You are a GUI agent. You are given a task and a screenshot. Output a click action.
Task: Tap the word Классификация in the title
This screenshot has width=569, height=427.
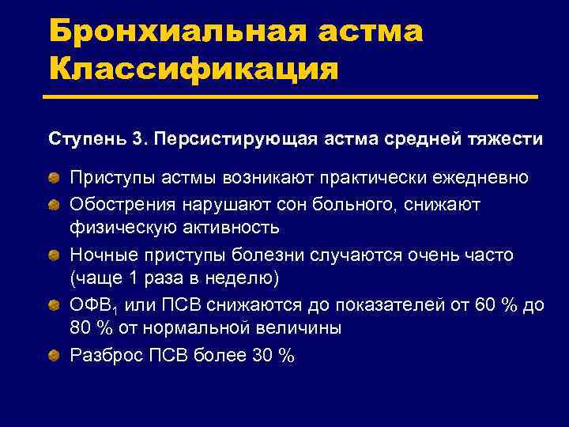coord(193,69)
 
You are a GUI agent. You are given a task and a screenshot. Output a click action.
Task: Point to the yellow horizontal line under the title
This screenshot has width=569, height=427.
coord(292,98)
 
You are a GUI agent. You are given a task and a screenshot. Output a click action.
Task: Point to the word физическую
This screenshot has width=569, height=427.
coord(119,229)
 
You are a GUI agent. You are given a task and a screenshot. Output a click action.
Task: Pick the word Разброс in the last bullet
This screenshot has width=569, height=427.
coord(106,356)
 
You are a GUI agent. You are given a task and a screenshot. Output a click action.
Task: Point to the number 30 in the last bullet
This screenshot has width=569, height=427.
coord(262,356)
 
